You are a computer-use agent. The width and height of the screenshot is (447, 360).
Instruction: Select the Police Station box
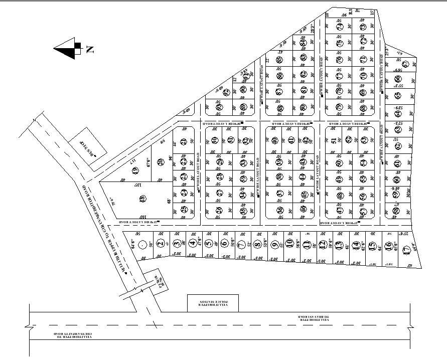[213, 302]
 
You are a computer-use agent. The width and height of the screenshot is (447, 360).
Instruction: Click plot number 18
[142, 199]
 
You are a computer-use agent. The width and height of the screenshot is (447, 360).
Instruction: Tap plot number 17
[407, 246]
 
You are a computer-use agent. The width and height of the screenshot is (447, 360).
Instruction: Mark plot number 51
[334, 141]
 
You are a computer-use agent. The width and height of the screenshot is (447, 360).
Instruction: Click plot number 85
[279, 59]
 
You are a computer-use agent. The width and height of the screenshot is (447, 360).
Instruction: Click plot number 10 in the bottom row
[289, 245]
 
